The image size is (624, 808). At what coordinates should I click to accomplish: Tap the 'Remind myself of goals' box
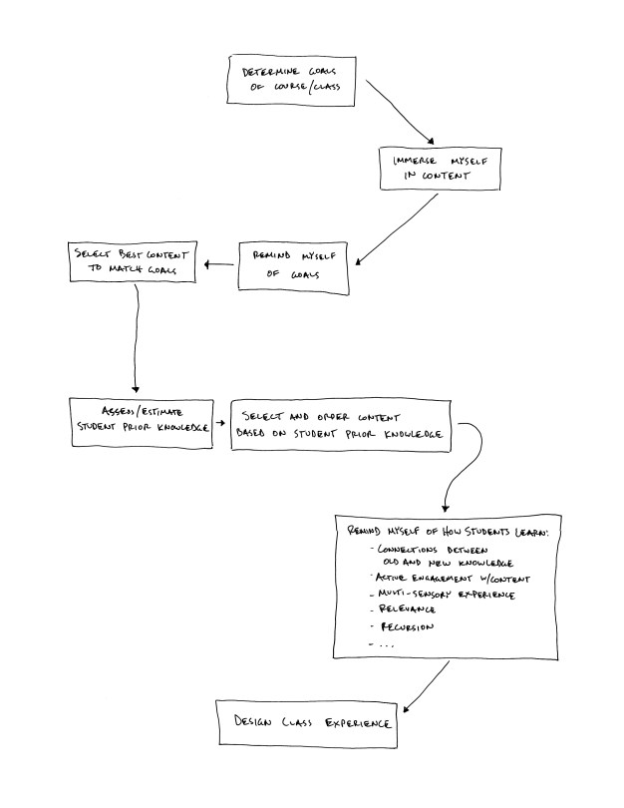pyautogui.click(x=293, y=264)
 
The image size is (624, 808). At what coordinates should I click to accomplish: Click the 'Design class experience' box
pyautogui.click(x=304, y=722)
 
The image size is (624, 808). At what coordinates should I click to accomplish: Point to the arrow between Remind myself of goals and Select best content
pyautogui.click(x=218, y=264)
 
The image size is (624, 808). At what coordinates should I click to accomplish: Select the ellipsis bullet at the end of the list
pyautogui.click(x=384, y=645)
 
